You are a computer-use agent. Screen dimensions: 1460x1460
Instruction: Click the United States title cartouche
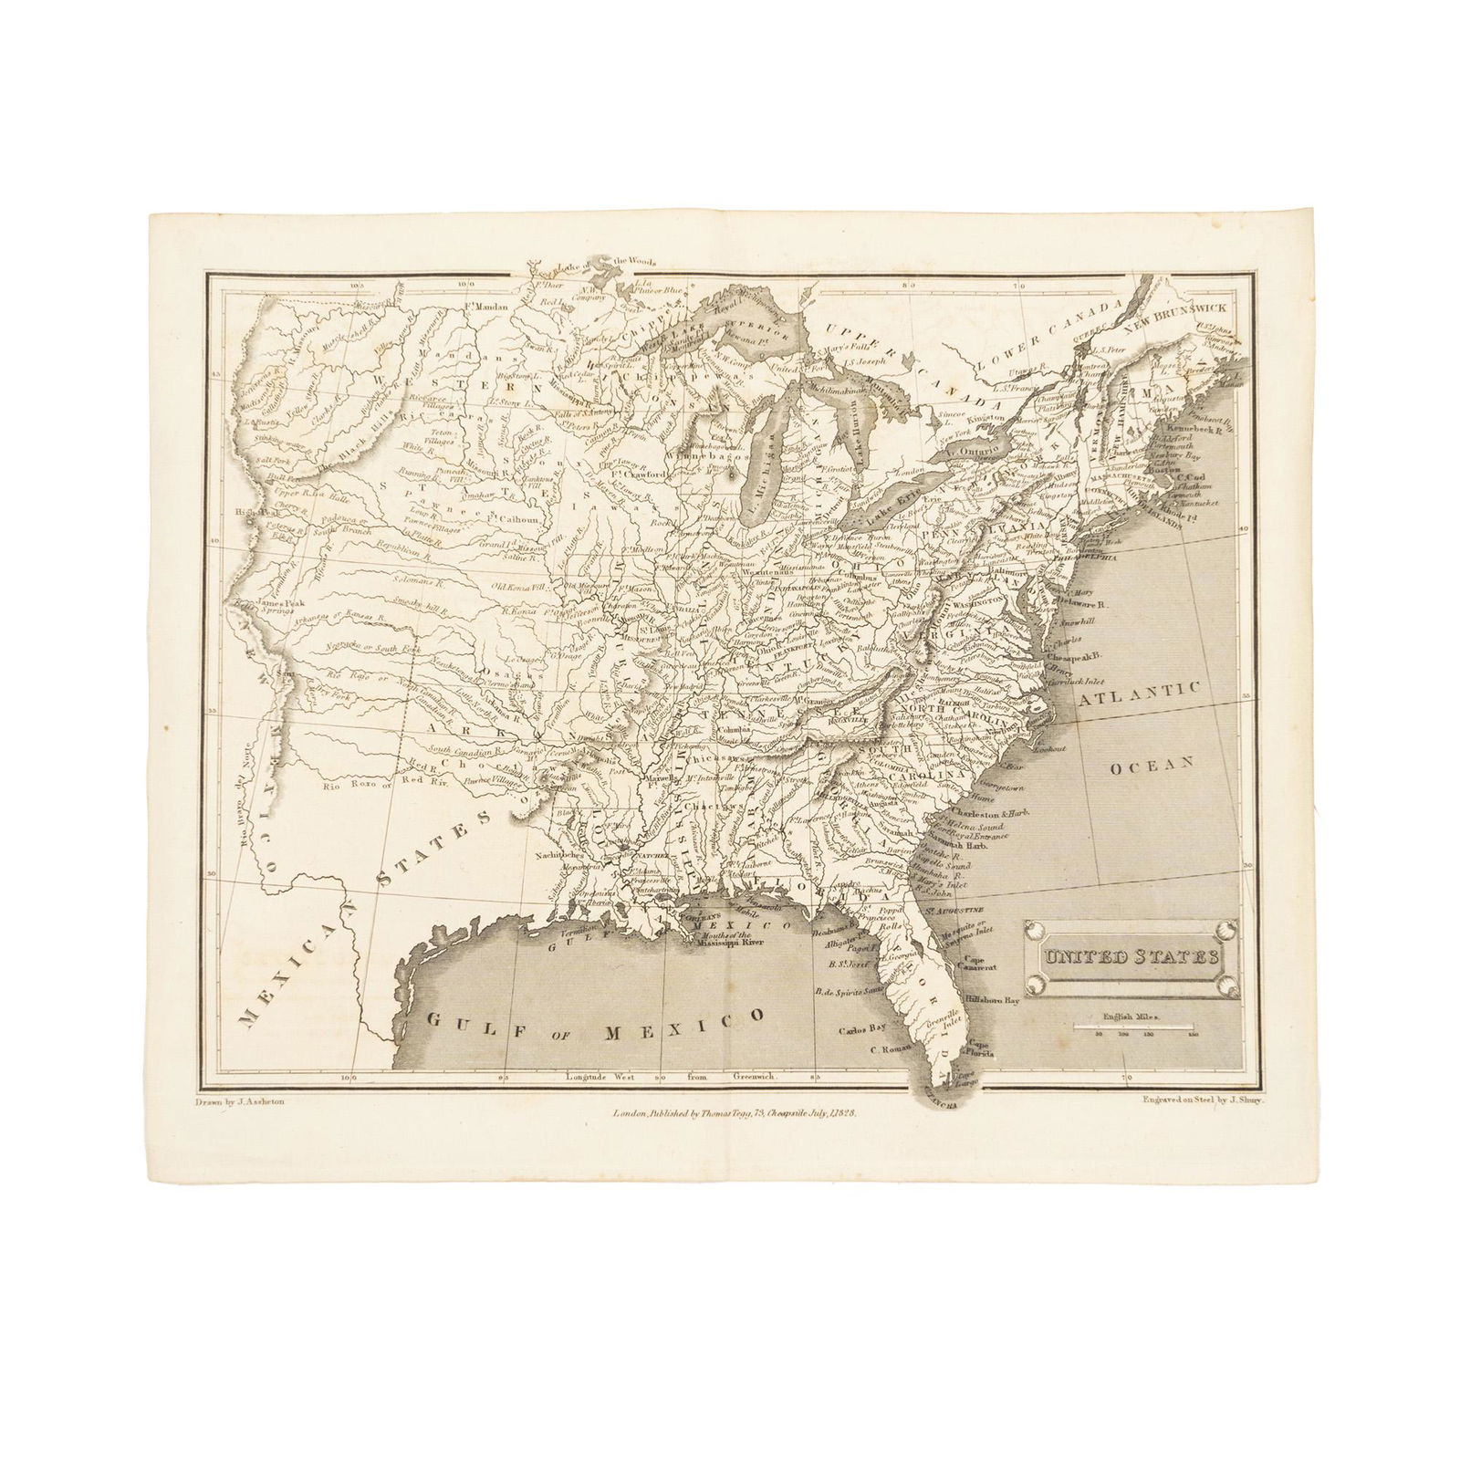point(1131,958)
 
